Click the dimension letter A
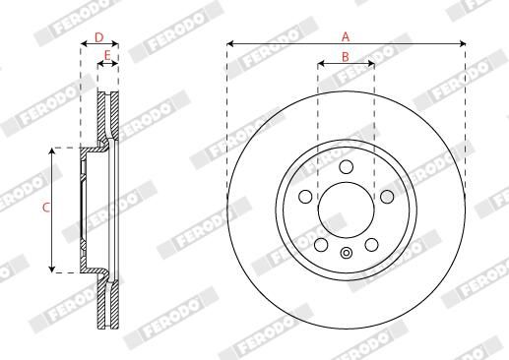(346, 35)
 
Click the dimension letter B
(346, 57)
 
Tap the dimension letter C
(45, 208)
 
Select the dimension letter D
(98, 36)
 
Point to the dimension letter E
(107, 56)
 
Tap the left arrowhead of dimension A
(230, 44)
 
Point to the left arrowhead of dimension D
(83, 44)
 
